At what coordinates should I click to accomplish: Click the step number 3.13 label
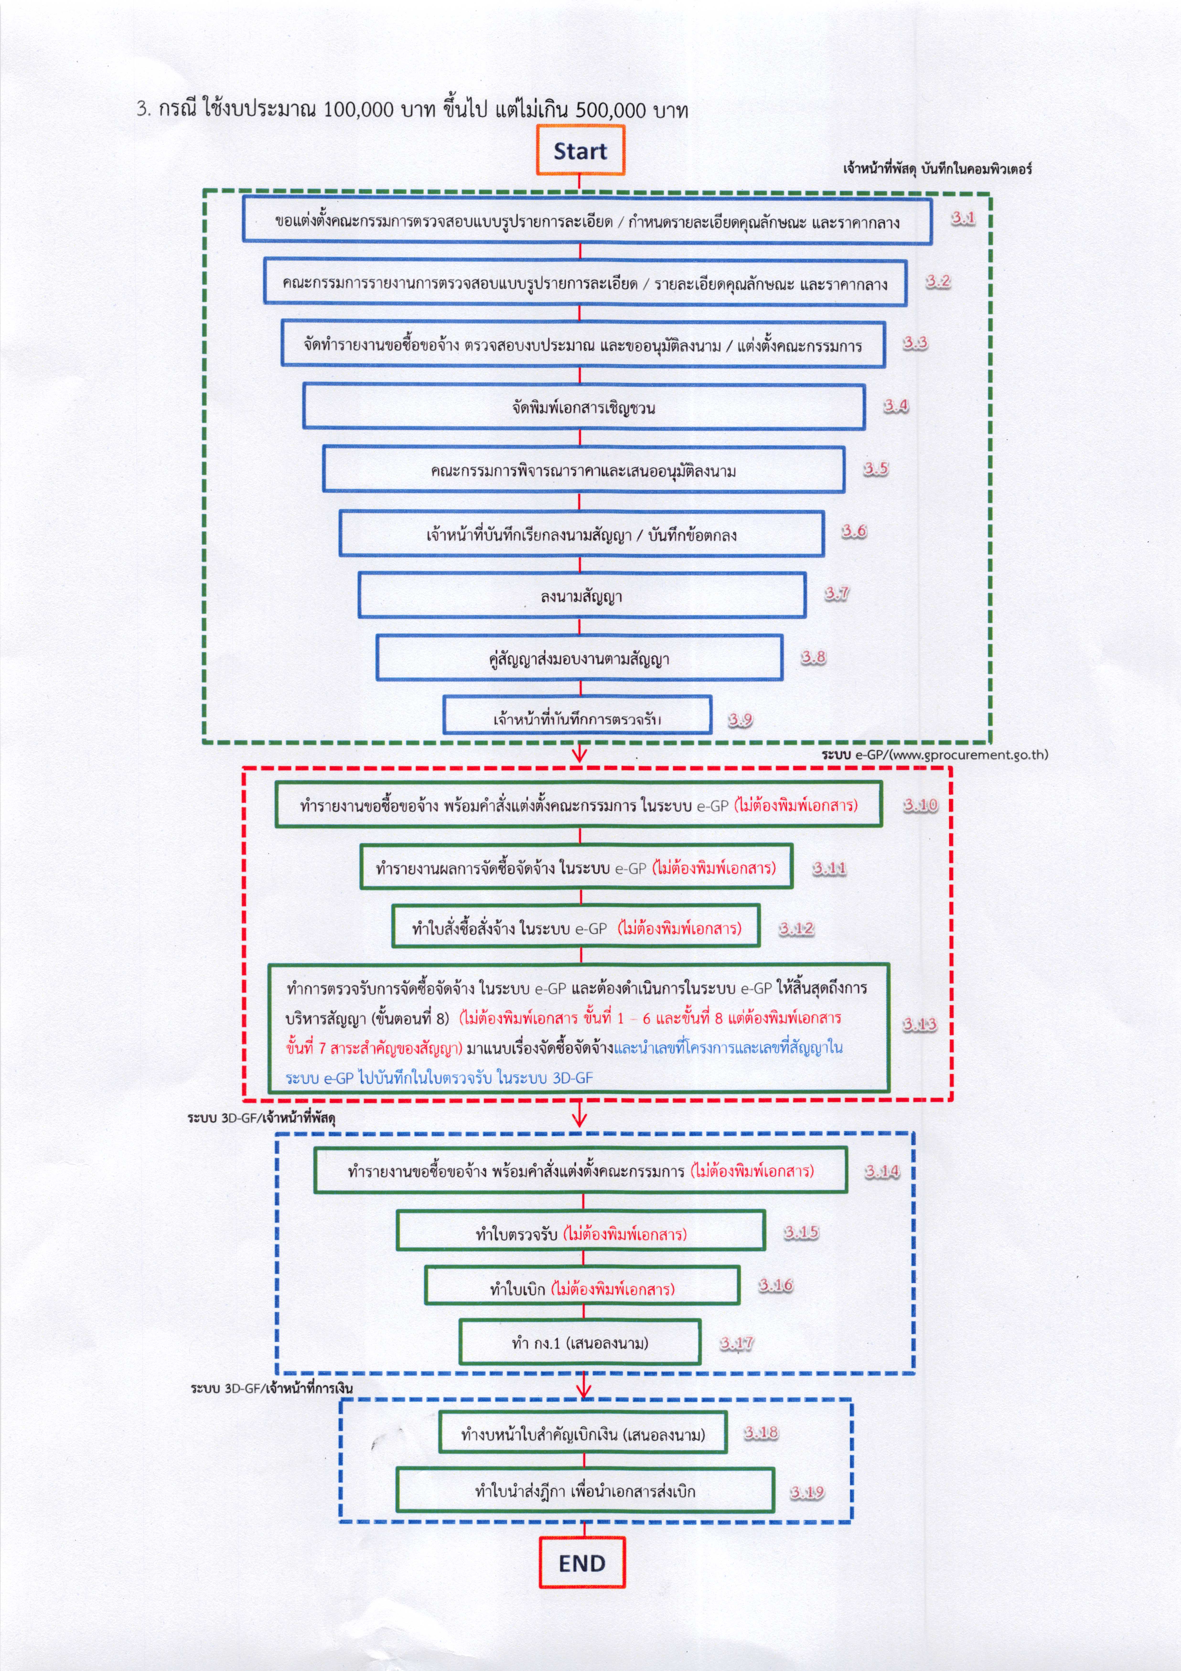pos(920,1025)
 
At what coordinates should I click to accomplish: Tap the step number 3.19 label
pos(807,1492)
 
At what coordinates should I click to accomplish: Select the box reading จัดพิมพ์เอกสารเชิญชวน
pos(584,406)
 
